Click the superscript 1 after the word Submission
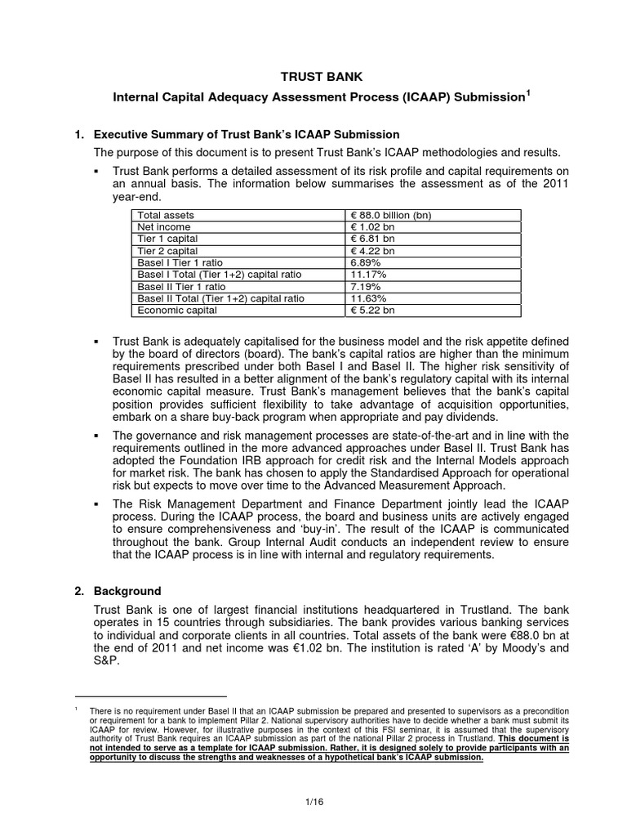528,93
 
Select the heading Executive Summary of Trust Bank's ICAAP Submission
247,134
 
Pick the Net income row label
164,226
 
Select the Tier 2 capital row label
167,251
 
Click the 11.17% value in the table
368,275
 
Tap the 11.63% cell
368,299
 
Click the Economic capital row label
177,311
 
